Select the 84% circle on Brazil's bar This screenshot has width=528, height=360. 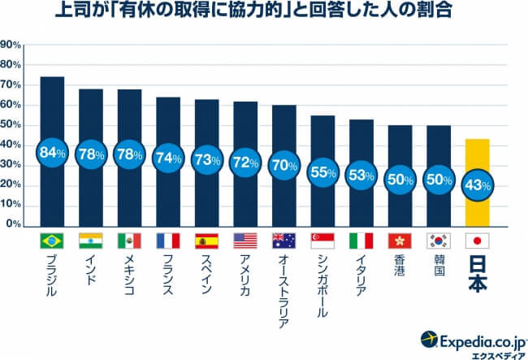click(52, 152)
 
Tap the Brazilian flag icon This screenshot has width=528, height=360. click(52, 241)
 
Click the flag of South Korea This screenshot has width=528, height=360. click(439, 241)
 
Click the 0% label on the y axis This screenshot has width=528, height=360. click(14, 224)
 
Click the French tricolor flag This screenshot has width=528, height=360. click(168, 241)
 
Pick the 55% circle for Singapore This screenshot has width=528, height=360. click(322, 171)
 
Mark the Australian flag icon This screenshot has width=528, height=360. click(284, 241)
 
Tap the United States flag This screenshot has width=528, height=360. click(245, 241)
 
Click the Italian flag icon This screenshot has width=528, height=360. click(361, 241)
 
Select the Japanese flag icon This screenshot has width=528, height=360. click(478, 241)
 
